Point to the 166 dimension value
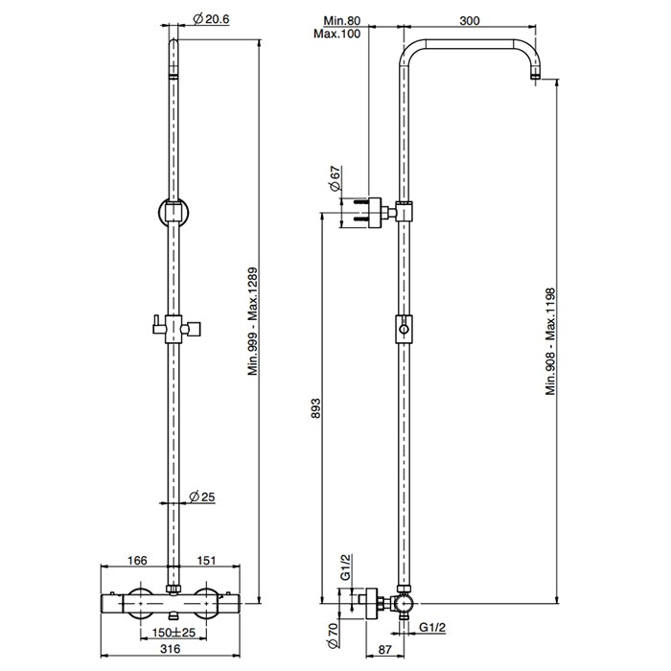click(x=138, y=560)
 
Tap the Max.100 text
click(x=339, y=35)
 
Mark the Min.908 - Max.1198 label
click(x=551, y=341)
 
